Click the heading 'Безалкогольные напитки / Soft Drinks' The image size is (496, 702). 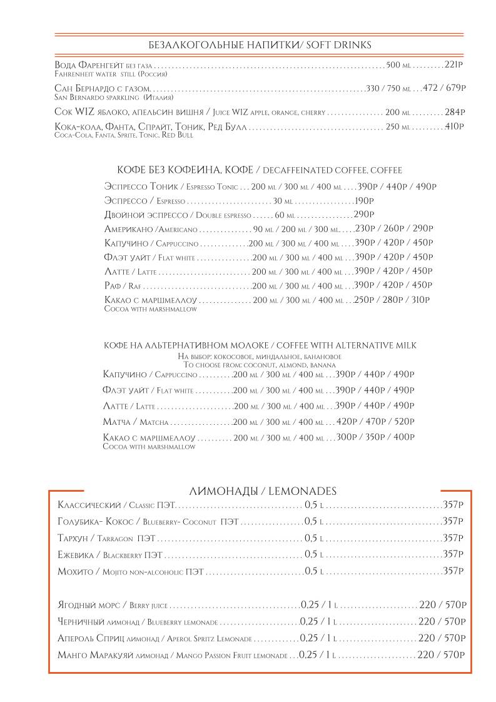[260, 45]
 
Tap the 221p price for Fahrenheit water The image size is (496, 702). [453, 64]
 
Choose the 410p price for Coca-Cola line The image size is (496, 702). [454, 127]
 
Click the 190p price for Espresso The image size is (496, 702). [363, 201]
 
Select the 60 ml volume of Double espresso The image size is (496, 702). [285, 215]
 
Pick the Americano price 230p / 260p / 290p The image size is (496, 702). [394, 229]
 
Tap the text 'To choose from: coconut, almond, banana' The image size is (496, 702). [260, 364]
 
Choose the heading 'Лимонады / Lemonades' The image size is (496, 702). [263, 491]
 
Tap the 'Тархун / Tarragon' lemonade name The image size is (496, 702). [106, 538]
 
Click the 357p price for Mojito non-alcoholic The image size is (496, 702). [453, 571]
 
